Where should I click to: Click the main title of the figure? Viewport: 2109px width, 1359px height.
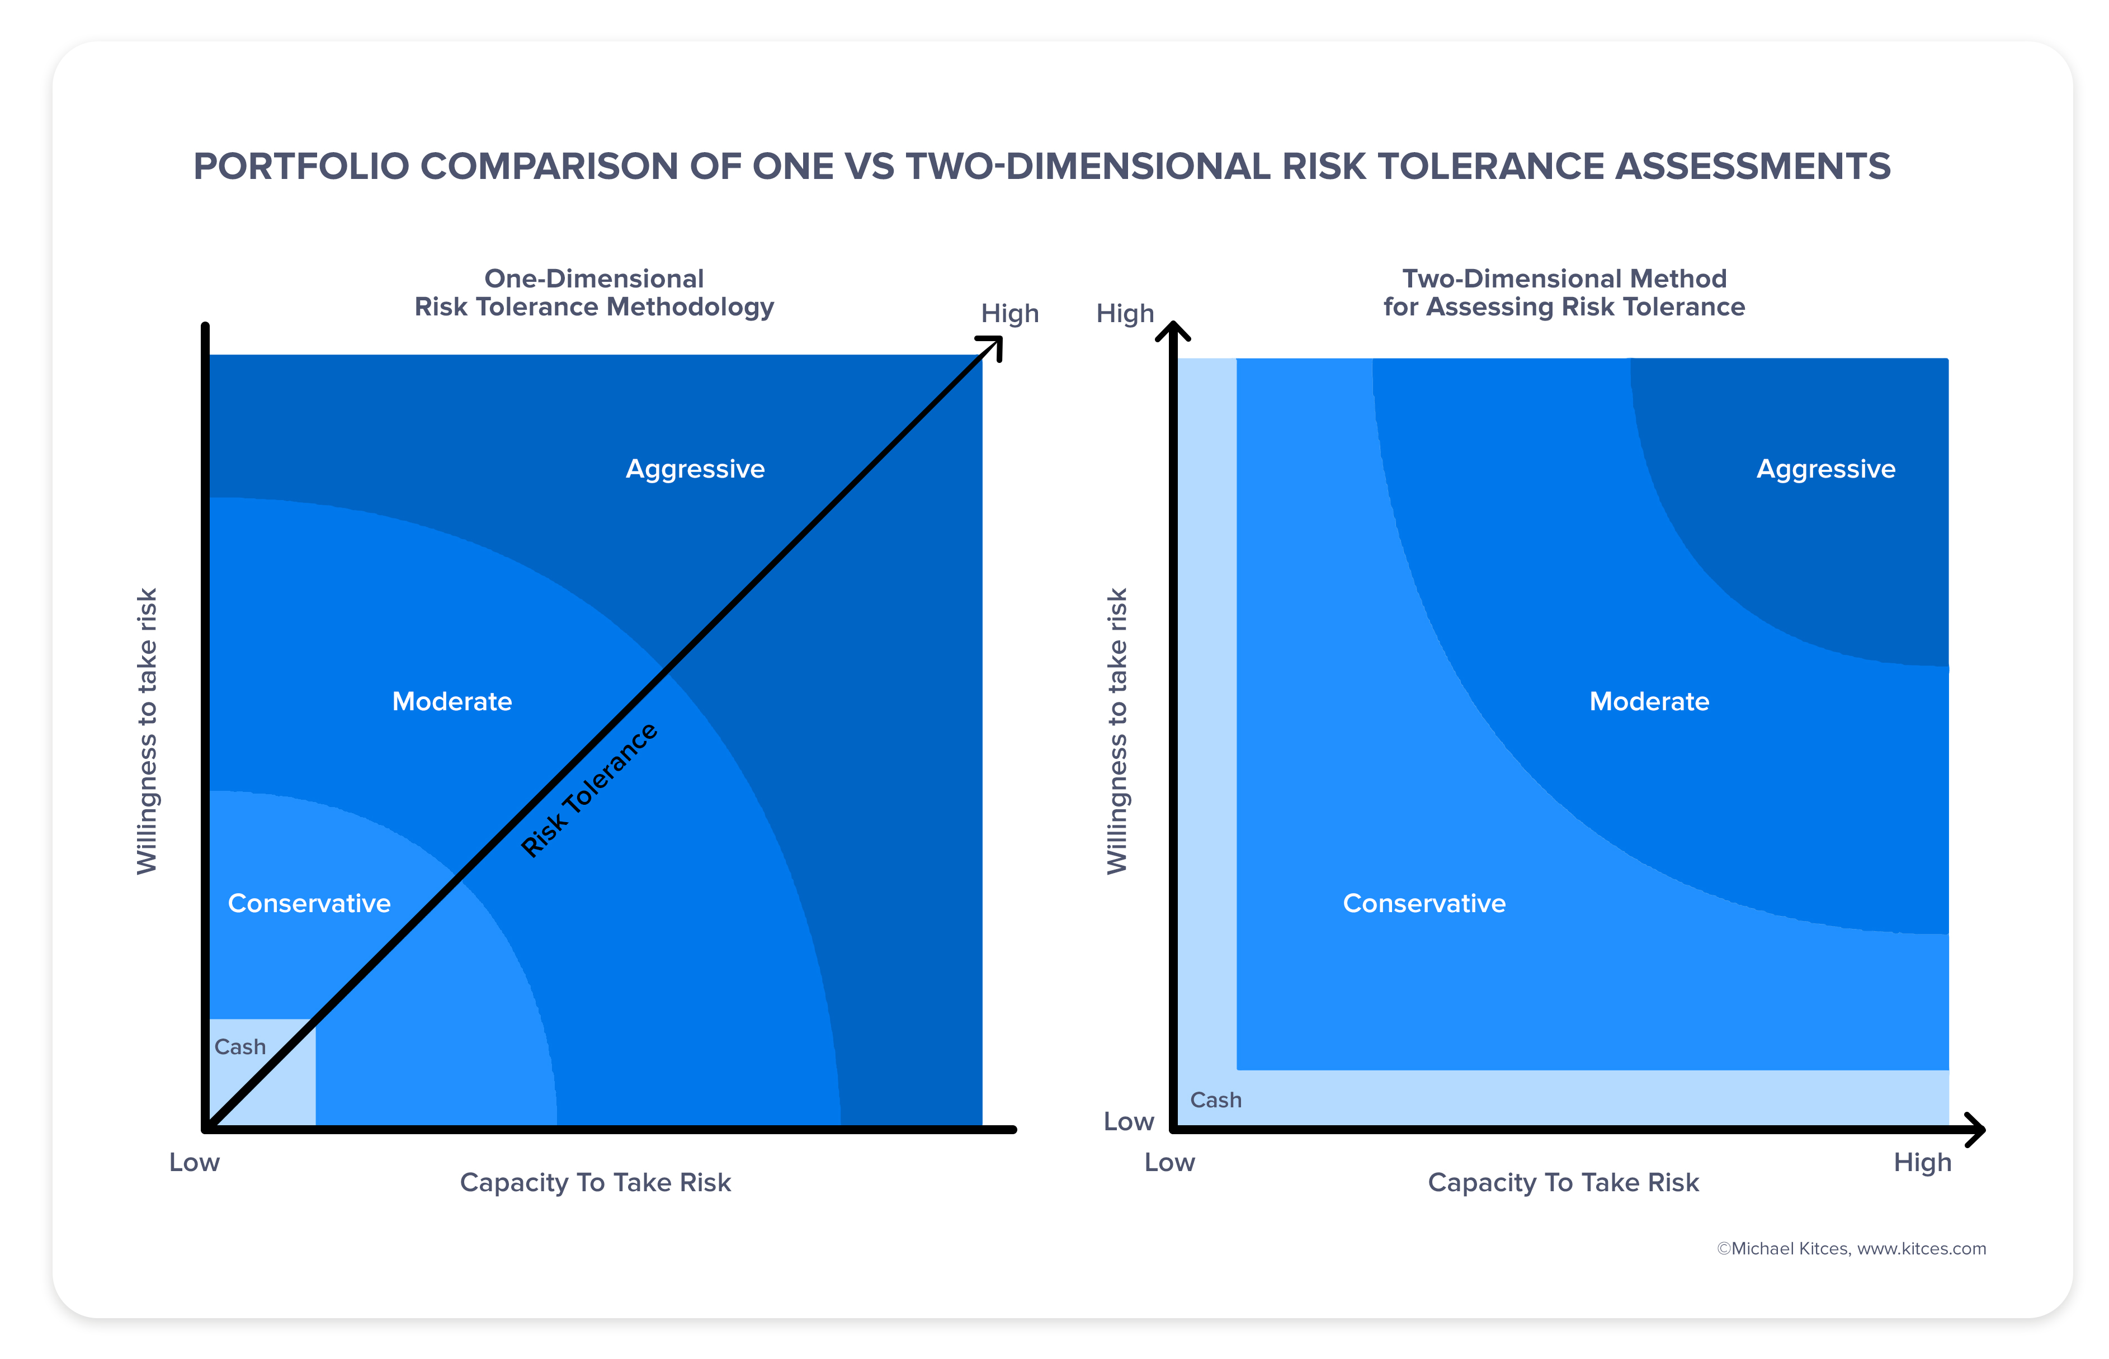coord(1041,166)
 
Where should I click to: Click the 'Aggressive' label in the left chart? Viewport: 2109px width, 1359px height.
coord(695,469)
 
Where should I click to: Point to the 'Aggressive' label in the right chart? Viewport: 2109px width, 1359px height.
coord(1825,469)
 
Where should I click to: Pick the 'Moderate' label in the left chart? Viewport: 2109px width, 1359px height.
coord(452,701)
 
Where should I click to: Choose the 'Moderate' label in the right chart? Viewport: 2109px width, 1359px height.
coord(1648,701)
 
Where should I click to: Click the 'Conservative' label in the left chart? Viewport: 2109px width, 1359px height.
coord(309,904)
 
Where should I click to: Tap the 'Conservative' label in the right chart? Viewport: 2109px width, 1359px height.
coord(1423,904)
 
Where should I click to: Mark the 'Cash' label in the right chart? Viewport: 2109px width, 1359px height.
coord(1215,1101)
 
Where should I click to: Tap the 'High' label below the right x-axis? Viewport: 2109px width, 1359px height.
coord(1922,1162)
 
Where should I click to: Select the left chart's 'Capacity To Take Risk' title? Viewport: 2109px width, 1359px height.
coord(595,1182)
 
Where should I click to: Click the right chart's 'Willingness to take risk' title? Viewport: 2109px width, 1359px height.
coord(1116,731)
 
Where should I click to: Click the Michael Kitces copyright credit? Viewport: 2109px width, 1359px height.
coord(1851,1249)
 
